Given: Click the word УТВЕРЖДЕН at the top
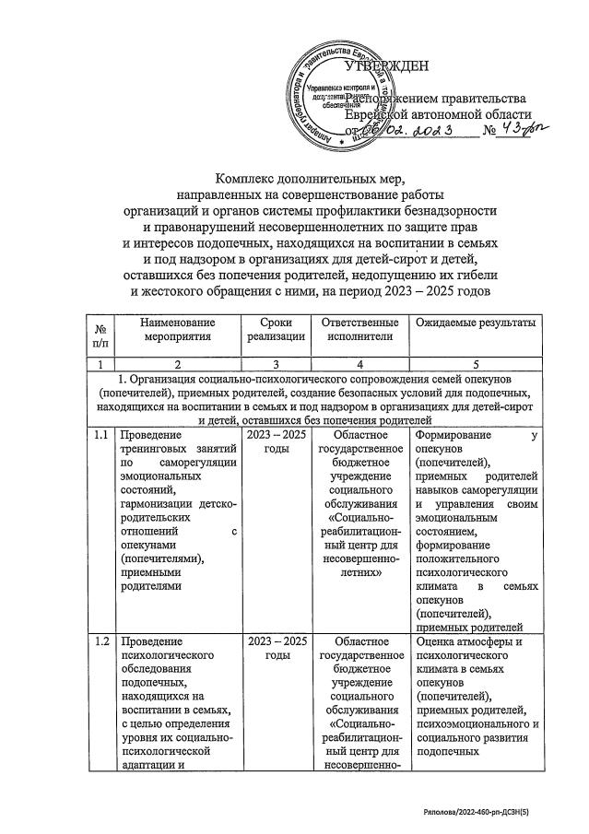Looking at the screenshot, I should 386,66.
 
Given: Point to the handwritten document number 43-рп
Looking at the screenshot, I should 521,132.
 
